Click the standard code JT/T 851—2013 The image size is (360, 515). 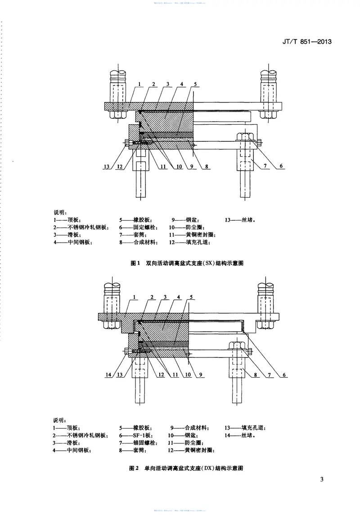(308, 42)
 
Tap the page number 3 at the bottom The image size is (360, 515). (321, 479)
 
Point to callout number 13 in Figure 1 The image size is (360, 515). (107, 167)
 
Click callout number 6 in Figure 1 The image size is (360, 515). (281, 167)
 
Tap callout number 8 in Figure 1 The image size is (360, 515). (207, 167)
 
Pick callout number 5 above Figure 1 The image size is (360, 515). (196, 84)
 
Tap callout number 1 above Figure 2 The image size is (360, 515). (135, 297)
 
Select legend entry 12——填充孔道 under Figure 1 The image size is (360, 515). (189, 243)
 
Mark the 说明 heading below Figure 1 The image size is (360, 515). (60, 212)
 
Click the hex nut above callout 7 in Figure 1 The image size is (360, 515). (245, 136)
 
